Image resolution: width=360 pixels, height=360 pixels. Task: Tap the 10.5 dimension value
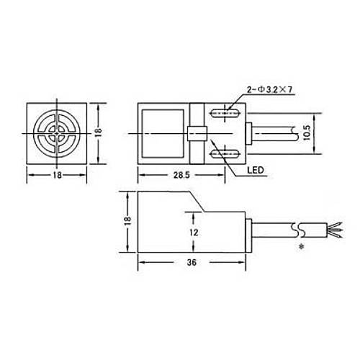tap(307, 133)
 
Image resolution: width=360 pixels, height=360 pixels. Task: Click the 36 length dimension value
tap(191, 264)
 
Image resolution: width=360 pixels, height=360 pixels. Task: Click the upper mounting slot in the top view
tap(225, 112)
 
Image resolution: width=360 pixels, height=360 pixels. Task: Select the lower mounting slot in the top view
tap(225, 153)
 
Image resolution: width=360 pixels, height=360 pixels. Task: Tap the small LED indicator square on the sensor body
tap(194, 133)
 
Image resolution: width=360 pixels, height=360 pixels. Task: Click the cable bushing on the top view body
tap(249, 133)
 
